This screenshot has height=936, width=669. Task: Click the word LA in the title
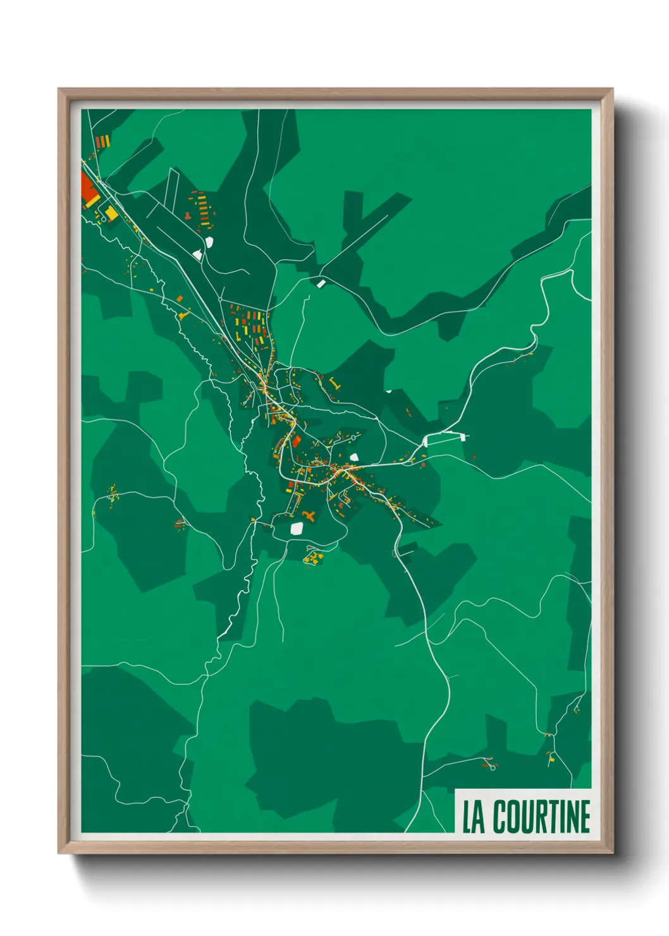pos(474,816)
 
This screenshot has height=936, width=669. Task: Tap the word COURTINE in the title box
pos(541,816)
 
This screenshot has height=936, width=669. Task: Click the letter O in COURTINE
pos(514,816)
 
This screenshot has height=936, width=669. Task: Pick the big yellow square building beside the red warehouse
pos(111,213)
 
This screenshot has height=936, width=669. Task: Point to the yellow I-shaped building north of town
pos(334,383)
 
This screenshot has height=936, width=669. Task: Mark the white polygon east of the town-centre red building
pos(354,457)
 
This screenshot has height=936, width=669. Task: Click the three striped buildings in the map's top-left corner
pos(102,140)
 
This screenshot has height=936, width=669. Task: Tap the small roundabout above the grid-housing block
pos(220,298)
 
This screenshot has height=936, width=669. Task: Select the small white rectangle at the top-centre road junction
pos(321,284)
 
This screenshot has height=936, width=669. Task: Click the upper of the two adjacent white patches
pos(209,241)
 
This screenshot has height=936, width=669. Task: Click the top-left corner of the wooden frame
pos(59,89)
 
